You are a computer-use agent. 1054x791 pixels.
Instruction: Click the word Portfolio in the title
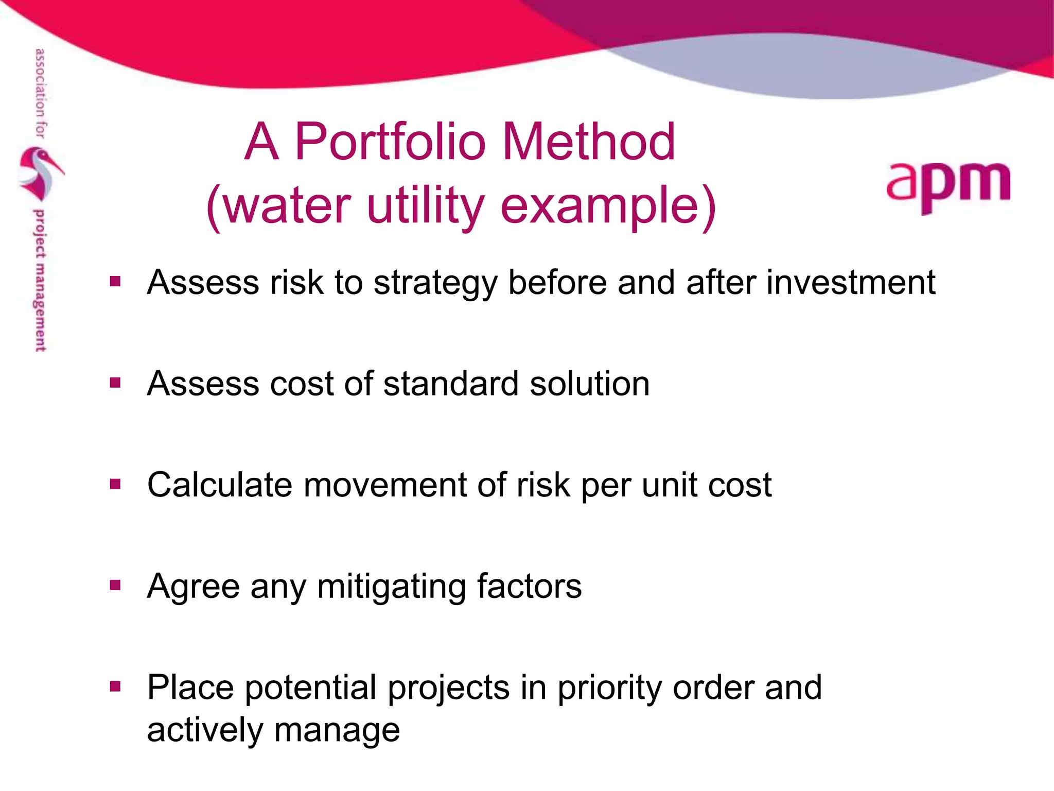[390, 142]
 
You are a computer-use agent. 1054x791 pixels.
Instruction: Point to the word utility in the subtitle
[425, 206]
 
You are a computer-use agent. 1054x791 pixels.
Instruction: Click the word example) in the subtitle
[608, 206]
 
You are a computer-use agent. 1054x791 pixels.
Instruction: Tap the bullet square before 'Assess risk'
[115, 282]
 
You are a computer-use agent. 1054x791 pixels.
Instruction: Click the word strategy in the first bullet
[435, 283]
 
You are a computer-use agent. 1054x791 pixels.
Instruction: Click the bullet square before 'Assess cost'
[115, 383]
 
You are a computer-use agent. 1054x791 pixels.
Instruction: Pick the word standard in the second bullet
[451, 384]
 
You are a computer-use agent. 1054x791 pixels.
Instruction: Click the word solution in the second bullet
[590, 384]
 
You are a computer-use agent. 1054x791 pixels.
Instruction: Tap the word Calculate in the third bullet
[220, 485]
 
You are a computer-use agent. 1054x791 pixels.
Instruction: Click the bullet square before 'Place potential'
[115, 686]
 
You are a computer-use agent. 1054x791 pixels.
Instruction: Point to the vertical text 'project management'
[40, 281]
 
